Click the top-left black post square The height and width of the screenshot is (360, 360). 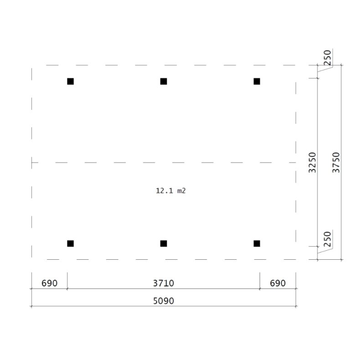click(70, 82)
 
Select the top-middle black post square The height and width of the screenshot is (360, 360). click(164, 82)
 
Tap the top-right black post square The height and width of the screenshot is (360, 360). click(257, 82)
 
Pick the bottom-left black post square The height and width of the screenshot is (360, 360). click(70, 243)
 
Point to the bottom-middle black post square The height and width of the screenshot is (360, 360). click(164, 243)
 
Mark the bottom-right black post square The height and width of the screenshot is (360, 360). click(257, 243)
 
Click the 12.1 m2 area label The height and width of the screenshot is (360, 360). click(171, 191)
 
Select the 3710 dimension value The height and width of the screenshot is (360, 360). click(163, 283)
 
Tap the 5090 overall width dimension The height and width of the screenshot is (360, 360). click(163, 301)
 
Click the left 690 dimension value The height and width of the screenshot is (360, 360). click(49, 283)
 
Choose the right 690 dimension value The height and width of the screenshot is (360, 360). click(277, 283)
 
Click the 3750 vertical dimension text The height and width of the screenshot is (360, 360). click(336, 162)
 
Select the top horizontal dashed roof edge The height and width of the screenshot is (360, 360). click(137, 66)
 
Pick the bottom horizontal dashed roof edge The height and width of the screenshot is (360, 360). click(137, 259)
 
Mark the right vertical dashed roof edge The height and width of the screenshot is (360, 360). click(296, 137)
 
